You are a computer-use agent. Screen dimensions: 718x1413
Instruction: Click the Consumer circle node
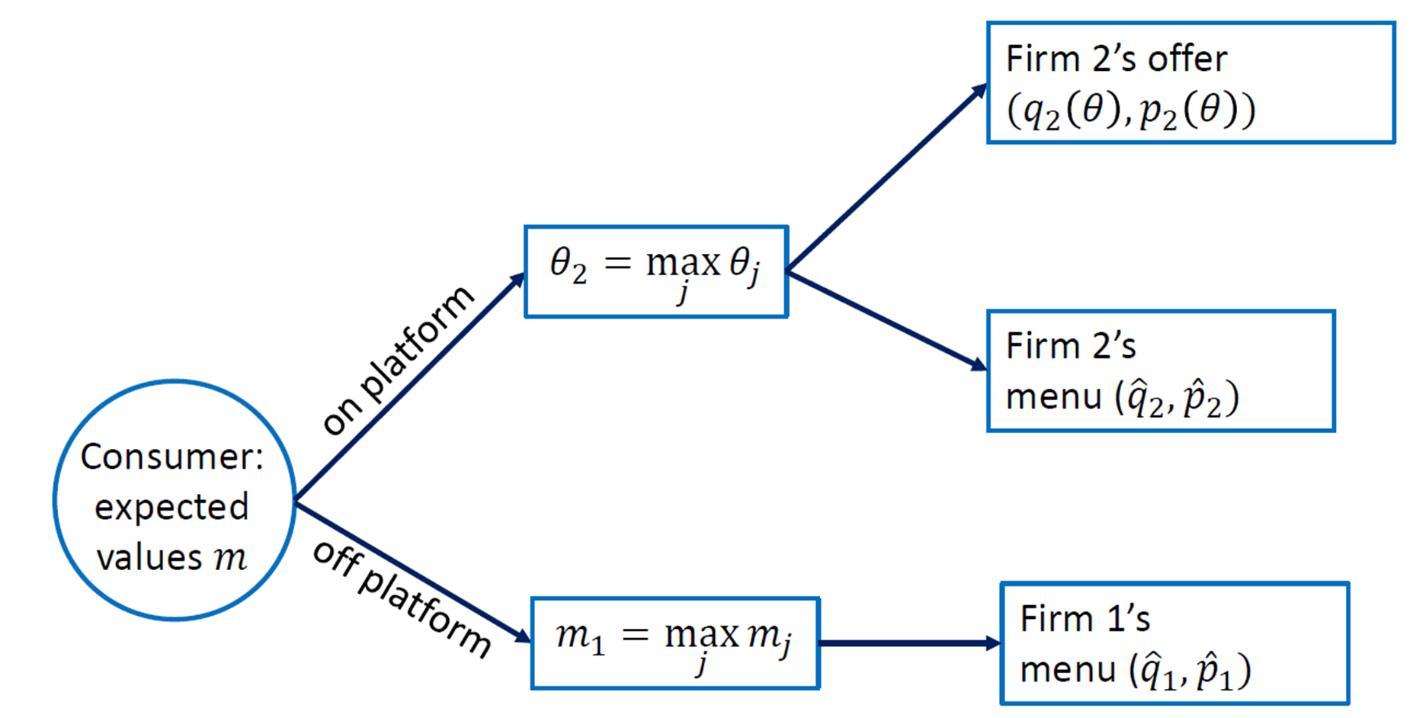[175, 499]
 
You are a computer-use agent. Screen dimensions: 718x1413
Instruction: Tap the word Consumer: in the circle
[171, 457]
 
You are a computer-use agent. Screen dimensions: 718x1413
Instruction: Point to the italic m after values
[231, 558]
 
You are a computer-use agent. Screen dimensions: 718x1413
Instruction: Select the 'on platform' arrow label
[396, 360]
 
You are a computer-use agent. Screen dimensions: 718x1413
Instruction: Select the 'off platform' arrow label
[402, 600]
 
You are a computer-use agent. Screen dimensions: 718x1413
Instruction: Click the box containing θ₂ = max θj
[655, 271]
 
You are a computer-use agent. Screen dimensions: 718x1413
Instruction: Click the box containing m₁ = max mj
[674, 643]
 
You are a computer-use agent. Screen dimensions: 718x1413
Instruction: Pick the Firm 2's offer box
[1190, 82]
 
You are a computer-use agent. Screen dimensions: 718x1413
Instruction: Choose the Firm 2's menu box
[1160, 370]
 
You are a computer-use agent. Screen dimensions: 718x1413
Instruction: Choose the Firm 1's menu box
[1174, 643]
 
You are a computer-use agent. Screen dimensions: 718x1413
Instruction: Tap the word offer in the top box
[1187, 59]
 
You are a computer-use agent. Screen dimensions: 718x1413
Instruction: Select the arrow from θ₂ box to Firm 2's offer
[886, 178]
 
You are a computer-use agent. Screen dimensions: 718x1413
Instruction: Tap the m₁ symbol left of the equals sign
[579, 636]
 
